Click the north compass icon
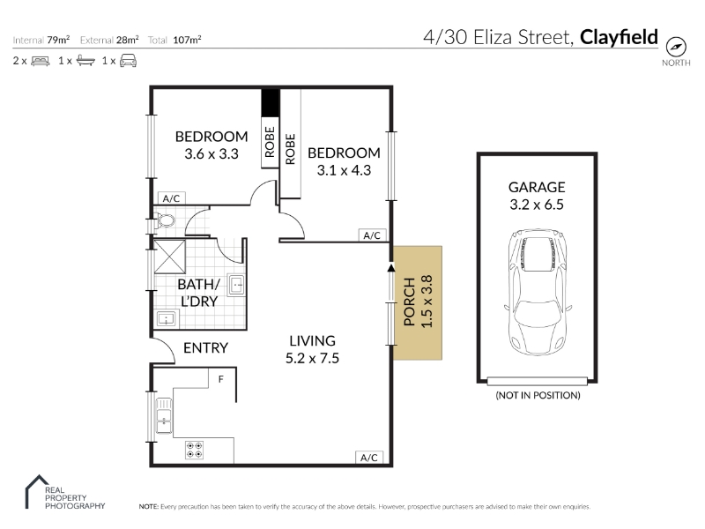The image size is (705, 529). tap(676, 47)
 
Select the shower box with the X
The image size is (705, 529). tap(169, 257)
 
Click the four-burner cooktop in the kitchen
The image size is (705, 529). tap(194, 450)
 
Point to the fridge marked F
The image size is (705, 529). tap(222, 378)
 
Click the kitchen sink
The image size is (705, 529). tap(164, 415)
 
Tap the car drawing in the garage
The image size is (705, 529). tap(538, 293)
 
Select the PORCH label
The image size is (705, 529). tap(409, 302)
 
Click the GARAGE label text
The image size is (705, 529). tap(537, 187)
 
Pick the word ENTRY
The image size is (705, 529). tap(205, 347)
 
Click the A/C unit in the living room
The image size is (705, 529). tap(369, 457)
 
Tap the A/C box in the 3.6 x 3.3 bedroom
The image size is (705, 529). tap(171, 198)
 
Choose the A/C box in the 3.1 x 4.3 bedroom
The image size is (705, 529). tap(372, 235)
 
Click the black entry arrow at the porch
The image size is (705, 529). tap(391, 268)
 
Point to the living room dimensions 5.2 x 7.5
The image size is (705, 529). tap(312, 358)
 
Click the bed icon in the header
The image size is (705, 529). tap(41, 61)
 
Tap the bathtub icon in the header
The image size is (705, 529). tap(85, 61)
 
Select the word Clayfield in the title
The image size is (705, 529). tap(619, 37)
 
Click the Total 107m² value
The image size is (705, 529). tap(187, 40)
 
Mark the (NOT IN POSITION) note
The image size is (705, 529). tap(538, 395)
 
